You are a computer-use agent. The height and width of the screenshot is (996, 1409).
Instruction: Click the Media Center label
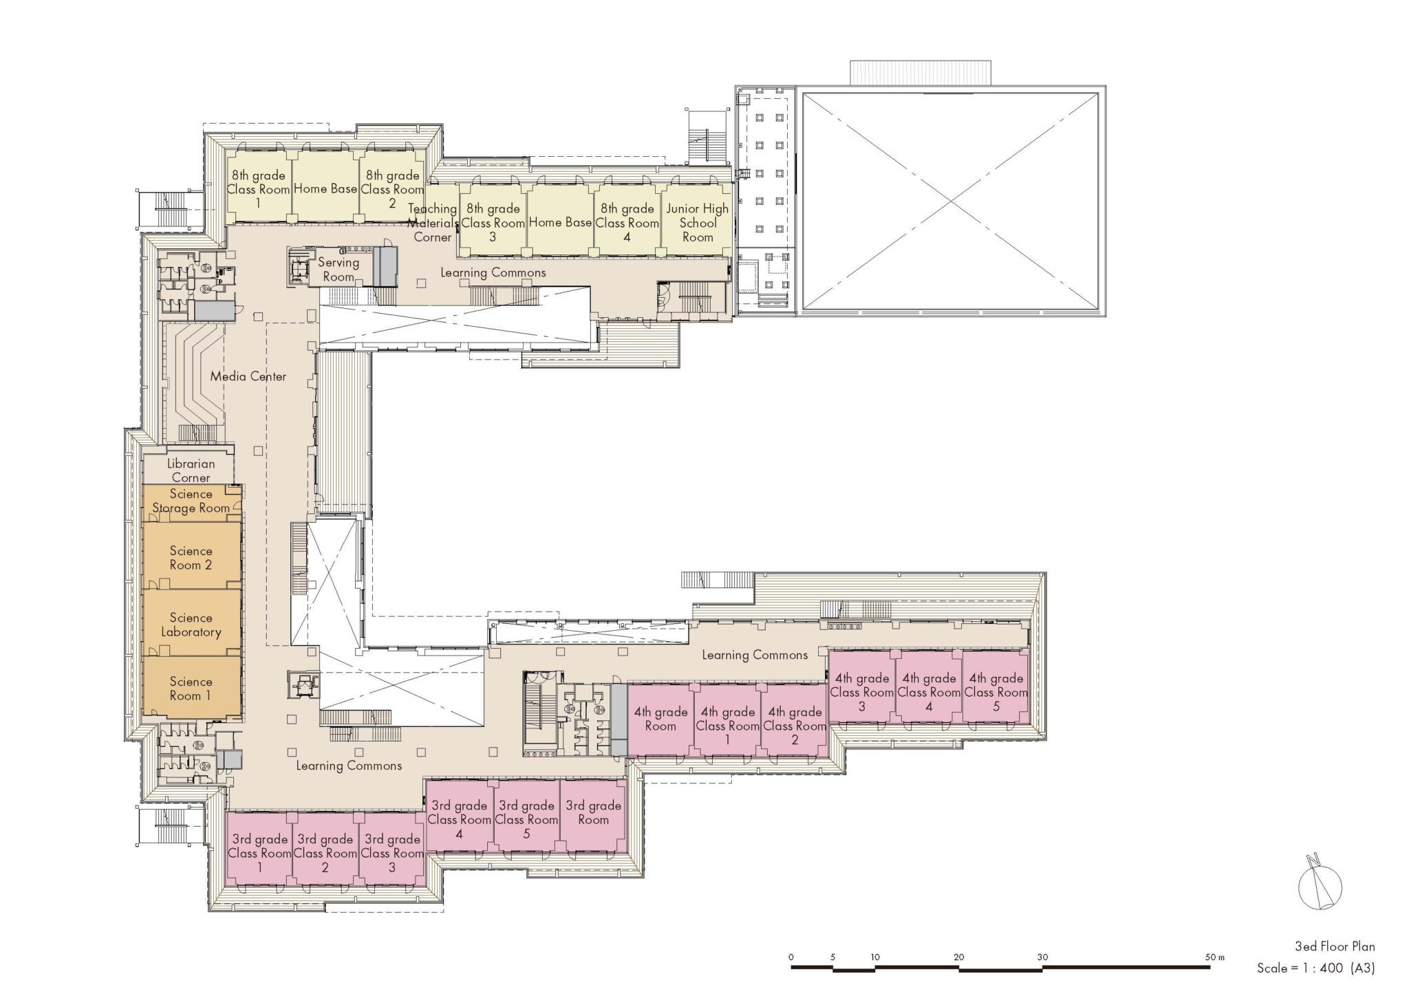[x=248, y=376]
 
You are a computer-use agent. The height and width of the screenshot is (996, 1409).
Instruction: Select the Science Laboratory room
[x=191, y=622]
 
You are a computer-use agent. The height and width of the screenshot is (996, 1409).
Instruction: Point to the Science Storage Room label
[x=191, y=501]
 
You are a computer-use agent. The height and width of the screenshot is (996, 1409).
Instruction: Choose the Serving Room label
[x=338, y=270]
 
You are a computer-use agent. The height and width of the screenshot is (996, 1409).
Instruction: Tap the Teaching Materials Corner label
[x=433, y=223]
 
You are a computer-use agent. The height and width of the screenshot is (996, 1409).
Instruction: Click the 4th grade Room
[x=660, y=719]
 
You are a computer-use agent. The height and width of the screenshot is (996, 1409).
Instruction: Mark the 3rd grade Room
[x=594, y=815]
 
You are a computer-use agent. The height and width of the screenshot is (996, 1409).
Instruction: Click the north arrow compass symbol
[x=1320, y=887]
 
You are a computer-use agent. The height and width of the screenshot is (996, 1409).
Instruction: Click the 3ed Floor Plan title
[x=1335, y=946]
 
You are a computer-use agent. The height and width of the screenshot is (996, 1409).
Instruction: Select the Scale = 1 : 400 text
[x=1300, y=968]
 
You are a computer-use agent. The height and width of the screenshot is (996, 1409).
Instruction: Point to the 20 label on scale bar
[x=959, y=957]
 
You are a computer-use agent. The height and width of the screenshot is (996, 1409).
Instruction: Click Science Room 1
[x=191, y=688]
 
